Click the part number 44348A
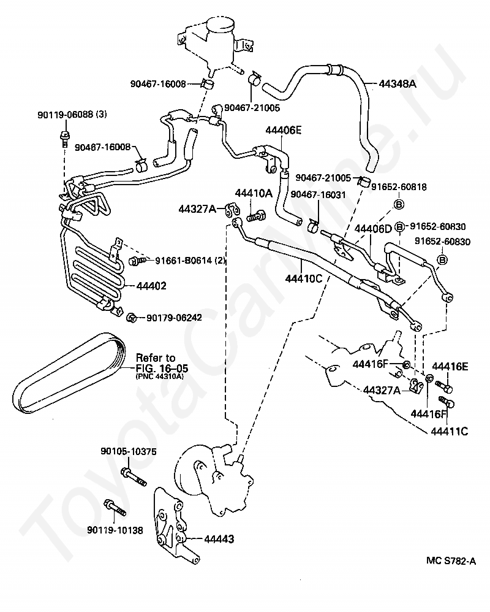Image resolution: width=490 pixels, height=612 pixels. pyautogui.click(x=398, y=83)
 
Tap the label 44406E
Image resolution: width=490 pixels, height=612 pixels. pyautogui.click(x=284, y=130)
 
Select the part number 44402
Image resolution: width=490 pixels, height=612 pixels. pyautogui.click(x=151, y=286)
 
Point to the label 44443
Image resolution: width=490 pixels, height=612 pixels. pyautogui.click(x=219, y=539)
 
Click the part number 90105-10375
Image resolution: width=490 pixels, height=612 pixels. pyautogui.click(x=129, y=451)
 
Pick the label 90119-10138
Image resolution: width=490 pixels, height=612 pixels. pyautogui.click(x=115, y=530)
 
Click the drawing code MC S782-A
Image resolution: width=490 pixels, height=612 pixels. pyautogui.click(x=451, y=561)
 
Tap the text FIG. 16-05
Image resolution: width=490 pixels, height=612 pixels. pyautogui.click(x=162, y=368)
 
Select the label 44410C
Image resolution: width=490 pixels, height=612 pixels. pyautogui.click(x=304, y=278)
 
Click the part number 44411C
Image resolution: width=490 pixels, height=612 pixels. pyautogui.click(x=449, y=431)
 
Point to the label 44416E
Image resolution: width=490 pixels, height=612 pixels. pyautogui.click(x=450, y=367)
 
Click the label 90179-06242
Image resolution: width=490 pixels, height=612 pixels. pyautogui.click(x=174, y=318)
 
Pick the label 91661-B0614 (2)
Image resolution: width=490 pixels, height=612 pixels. pyautogui.click(x=190, y=261)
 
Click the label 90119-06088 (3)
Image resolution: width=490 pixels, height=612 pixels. pyautogui.click(x=72, y=115)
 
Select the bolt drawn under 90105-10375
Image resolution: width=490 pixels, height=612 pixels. pyautogui.click(x=134, y=477)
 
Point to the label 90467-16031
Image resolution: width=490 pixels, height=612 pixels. pyautogui.click(x=318, y=195)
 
